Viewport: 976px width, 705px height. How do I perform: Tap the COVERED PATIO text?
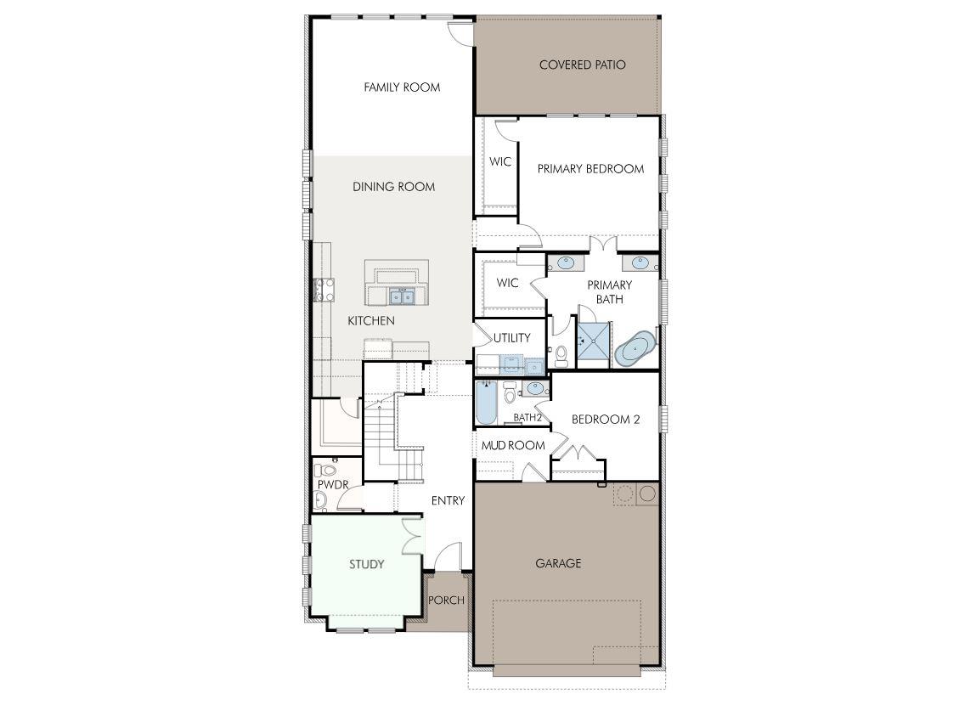(x=582, y=65)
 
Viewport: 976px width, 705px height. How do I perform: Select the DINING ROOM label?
(x=393, y=187)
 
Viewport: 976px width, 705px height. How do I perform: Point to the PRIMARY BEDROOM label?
(x=590, y=169)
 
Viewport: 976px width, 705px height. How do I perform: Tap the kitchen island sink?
(x=402, y=296)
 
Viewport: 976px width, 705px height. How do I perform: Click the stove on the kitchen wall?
(x=324, y=290)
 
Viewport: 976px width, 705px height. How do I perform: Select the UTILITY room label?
(x=511, y=338)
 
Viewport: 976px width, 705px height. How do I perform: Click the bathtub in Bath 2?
(x=486, y=403)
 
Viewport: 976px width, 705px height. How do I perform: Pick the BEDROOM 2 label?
(x=605, y=420)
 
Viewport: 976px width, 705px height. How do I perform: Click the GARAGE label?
(x=558, y=563)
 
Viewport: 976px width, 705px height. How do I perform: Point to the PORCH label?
(x=446, y=601)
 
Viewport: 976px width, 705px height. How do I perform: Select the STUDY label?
(x=367, y=565)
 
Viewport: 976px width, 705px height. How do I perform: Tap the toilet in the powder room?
(x=328, y=468)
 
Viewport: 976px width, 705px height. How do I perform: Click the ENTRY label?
(x=448, y=501)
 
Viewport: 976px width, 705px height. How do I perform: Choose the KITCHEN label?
(x=371, y=321)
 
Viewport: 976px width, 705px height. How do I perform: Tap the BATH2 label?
(x=527, y=418)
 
